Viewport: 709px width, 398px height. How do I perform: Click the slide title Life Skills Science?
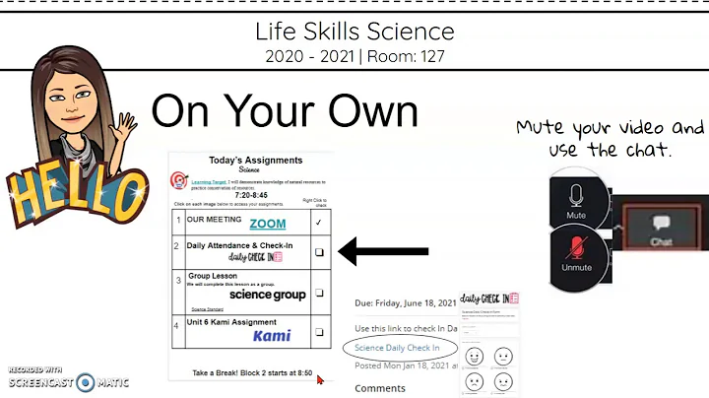354,32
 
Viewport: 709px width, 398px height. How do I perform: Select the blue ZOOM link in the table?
267,225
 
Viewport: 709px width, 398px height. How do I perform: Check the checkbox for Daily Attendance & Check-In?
318,252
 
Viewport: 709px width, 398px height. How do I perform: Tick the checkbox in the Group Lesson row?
318,293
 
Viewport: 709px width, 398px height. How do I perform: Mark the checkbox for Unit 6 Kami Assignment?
318,332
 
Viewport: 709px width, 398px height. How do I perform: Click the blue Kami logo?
271,336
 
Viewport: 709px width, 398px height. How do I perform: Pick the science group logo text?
267,295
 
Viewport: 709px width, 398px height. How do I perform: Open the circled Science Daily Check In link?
398,348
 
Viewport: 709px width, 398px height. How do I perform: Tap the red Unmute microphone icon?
576,252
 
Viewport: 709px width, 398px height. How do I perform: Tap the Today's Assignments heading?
255,160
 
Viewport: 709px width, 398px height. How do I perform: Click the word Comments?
379,388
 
